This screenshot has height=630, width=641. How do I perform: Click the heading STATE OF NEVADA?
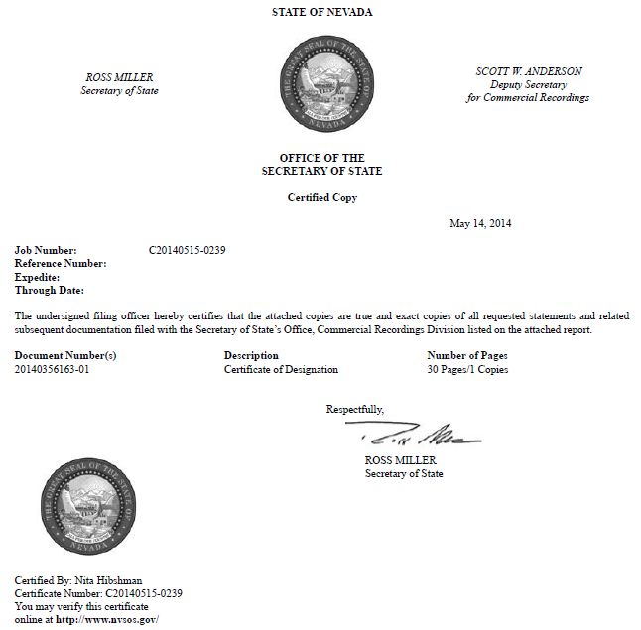tap(321, 12)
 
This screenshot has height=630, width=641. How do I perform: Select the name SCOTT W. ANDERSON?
tap(528, 72)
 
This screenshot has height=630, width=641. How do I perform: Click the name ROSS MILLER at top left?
tap(119, 78)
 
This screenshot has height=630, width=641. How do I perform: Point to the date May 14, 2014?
tap(481, 223)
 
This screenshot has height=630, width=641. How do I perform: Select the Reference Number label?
tap(61, 263)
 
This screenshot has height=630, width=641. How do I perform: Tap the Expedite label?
tap(38, 277)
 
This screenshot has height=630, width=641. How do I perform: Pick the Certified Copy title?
tap(321, 197)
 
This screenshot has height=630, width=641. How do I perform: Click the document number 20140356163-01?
tap(59, 369)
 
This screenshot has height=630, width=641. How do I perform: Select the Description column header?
tap(251, 355)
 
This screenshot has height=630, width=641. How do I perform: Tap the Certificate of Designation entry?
tap(281, 369)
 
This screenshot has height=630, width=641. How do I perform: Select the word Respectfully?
tap(354, 409)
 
